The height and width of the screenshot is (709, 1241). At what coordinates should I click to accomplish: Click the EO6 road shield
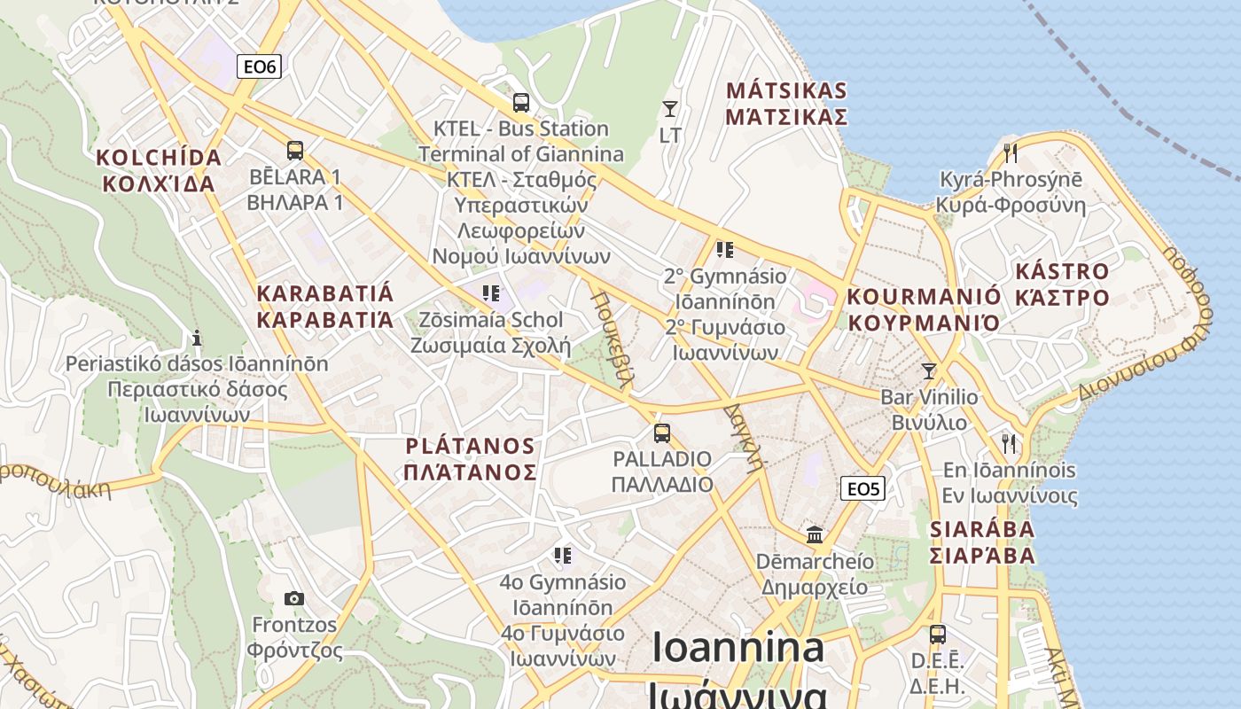[259, 66]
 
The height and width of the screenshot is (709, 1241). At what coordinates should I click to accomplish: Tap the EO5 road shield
[862, 488]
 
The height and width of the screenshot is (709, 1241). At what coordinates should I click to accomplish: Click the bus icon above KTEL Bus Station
[521, 103]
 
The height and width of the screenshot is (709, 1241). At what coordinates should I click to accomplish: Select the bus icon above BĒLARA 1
[295, 151]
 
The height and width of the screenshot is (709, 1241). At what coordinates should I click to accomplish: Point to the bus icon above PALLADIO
[662, 433]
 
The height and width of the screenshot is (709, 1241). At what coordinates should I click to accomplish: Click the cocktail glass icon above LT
[670, 109]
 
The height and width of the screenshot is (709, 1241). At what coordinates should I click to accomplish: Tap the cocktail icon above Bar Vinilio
[929, 371]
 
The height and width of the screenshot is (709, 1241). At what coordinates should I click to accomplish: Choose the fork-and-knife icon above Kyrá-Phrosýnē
[1011, 153]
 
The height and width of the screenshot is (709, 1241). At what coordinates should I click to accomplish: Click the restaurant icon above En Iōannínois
[1009, 443]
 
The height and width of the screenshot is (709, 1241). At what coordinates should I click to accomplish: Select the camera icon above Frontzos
[294, 599]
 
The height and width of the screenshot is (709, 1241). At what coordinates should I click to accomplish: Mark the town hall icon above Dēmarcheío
[815, 535]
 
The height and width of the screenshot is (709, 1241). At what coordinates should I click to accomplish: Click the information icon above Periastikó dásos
[197, 338]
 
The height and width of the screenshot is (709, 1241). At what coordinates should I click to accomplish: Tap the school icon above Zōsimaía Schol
[491, 293]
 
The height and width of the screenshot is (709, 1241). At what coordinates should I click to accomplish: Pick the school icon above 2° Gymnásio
[725, 250]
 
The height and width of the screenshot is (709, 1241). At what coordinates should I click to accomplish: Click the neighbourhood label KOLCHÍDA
[159, 158]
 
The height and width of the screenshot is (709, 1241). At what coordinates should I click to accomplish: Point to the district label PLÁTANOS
[470, 446]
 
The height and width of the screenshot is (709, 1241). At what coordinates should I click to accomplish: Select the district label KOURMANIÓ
[924, 296]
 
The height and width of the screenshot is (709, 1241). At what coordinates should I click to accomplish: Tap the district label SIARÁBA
[982, 529]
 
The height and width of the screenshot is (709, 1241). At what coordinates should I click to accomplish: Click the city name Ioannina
[738, 648]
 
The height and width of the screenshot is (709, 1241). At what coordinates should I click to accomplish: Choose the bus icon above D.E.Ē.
[938, 635]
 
